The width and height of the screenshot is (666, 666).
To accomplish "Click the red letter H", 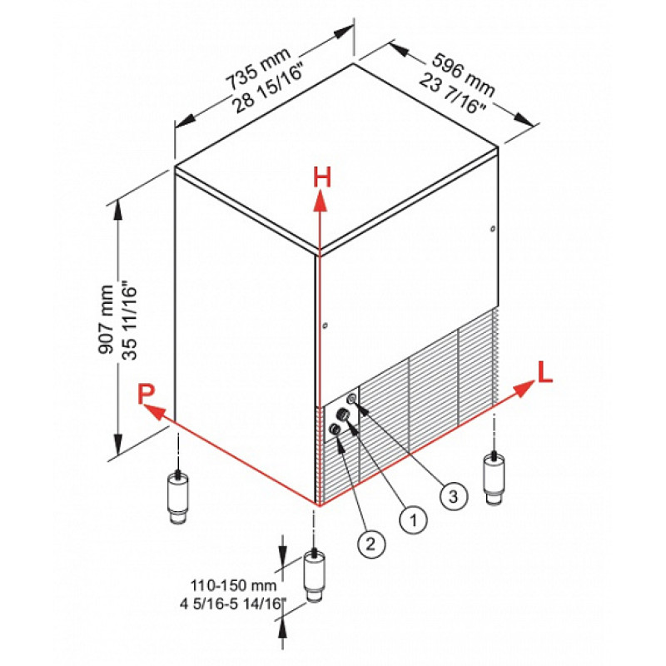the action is (322, 177).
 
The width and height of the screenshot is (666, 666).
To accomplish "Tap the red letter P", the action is (147, 394).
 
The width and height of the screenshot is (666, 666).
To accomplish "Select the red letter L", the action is (545, 372).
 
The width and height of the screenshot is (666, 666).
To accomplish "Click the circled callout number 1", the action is (413, 519).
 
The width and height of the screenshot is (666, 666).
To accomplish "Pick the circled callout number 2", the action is (371, 544).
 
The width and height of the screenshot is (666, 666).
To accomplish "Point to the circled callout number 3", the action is (454, 495).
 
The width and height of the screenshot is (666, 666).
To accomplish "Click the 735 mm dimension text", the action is (258, 68).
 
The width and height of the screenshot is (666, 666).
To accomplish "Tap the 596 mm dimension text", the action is (464, 74).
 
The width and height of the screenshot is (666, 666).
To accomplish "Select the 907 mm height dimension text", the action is (106, 320).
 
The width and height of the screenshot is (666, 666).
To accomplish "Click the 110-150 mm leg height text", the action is (233, 586).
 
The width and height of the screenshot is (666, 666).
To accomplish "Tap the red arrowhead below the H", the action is (321, 201).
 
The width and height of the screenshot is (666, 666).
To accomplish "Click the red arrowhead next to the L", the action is (524, 388).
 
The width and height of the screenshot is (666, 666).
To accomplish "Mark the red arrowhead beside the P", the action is (154, 411).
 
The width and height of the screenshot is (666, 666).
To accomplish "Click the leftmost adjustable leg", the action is (178, 497).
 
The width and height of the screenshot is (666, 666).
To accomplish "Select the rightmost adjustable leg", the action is (494, 478).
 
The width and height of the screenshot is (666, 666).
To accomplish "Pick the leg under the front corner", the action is (314, 575).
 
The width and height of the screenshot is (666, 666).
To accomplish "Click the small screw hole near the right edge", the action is (492, 229).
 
